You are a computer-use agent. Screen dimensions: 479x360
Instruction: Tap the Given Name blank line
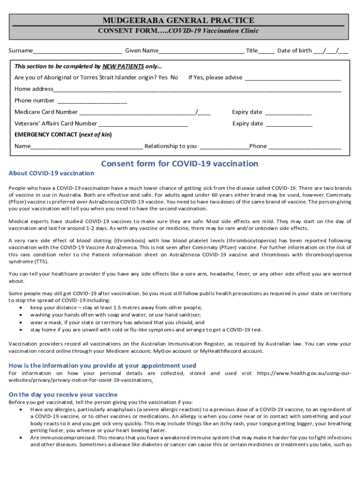click(201, 51)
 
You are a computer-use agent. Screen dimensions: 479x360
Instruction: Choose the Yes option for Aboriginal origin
click(163, 77)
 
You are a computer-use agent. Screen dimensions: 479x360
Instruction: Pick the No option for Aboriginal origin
click(174, 77)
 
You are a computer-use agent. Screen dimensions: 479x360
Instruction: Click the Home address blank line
click(197, 90)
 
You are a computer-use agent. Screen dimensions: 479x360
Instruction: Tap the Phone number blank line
click(92, 102)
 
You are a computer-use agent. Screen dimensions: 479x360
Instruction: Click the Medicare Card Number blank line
click(137, 113)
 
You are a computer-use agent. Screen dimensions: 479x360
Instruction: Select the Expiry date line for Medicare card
click(288, 113)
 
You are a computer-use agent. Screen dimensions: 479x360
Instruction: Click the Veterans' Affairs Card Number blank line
click(143, 124)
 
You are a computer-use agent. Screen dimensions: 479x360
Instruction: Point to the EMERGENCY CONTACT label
click(46, 135)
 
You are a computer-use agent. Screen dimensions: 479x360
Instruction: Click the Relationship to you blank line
click(224, 147)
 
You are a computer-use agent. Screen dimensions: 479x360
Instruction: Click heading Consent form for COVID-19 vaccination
click(180, 164)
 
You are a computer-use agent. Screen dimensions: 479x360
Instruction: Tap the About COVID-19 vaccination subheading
click(51, 174)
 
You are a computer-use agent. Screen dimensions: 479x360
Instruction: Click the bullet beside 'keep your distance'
click(22, 308)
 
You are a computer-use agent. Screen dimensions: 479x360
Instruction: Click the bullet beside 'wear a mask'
click(22, 323)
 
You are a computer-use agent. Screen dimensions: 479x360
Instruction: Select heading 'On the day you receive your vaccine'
click(63, 394)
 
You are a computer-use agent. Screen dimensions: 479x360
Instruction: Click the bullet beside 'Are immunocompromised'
click(22, 438)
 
